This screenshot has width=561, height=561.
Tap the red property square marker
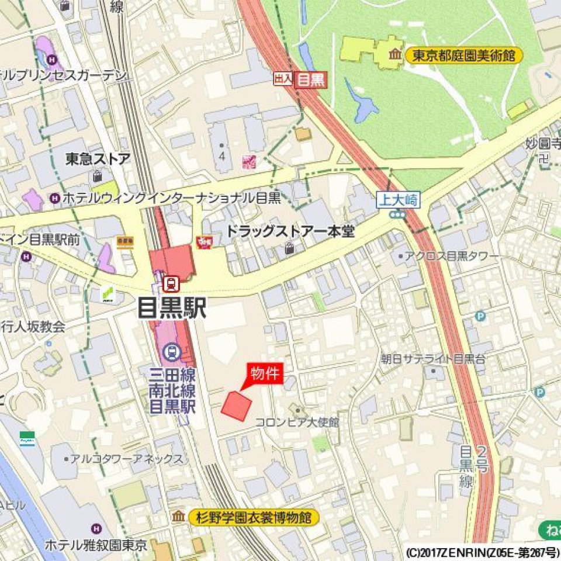236,406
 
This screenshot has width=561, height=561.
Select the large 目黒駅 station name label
172,307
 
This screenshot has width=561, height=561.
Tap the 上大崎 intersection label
397,200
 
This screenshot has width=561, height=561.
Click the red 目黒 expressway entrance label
310,79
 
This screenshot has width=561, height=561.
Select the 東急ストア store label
98,159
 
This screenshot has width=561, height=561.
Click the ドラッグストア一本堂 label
290,231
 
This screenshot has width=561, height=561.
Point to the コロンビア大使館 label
297,422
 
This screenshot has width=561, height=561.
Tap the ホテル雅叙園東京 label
96,545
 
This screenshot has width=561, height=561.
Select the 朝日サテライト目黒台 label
432,358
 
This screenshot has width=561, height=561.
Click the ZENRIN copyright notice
481,552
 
